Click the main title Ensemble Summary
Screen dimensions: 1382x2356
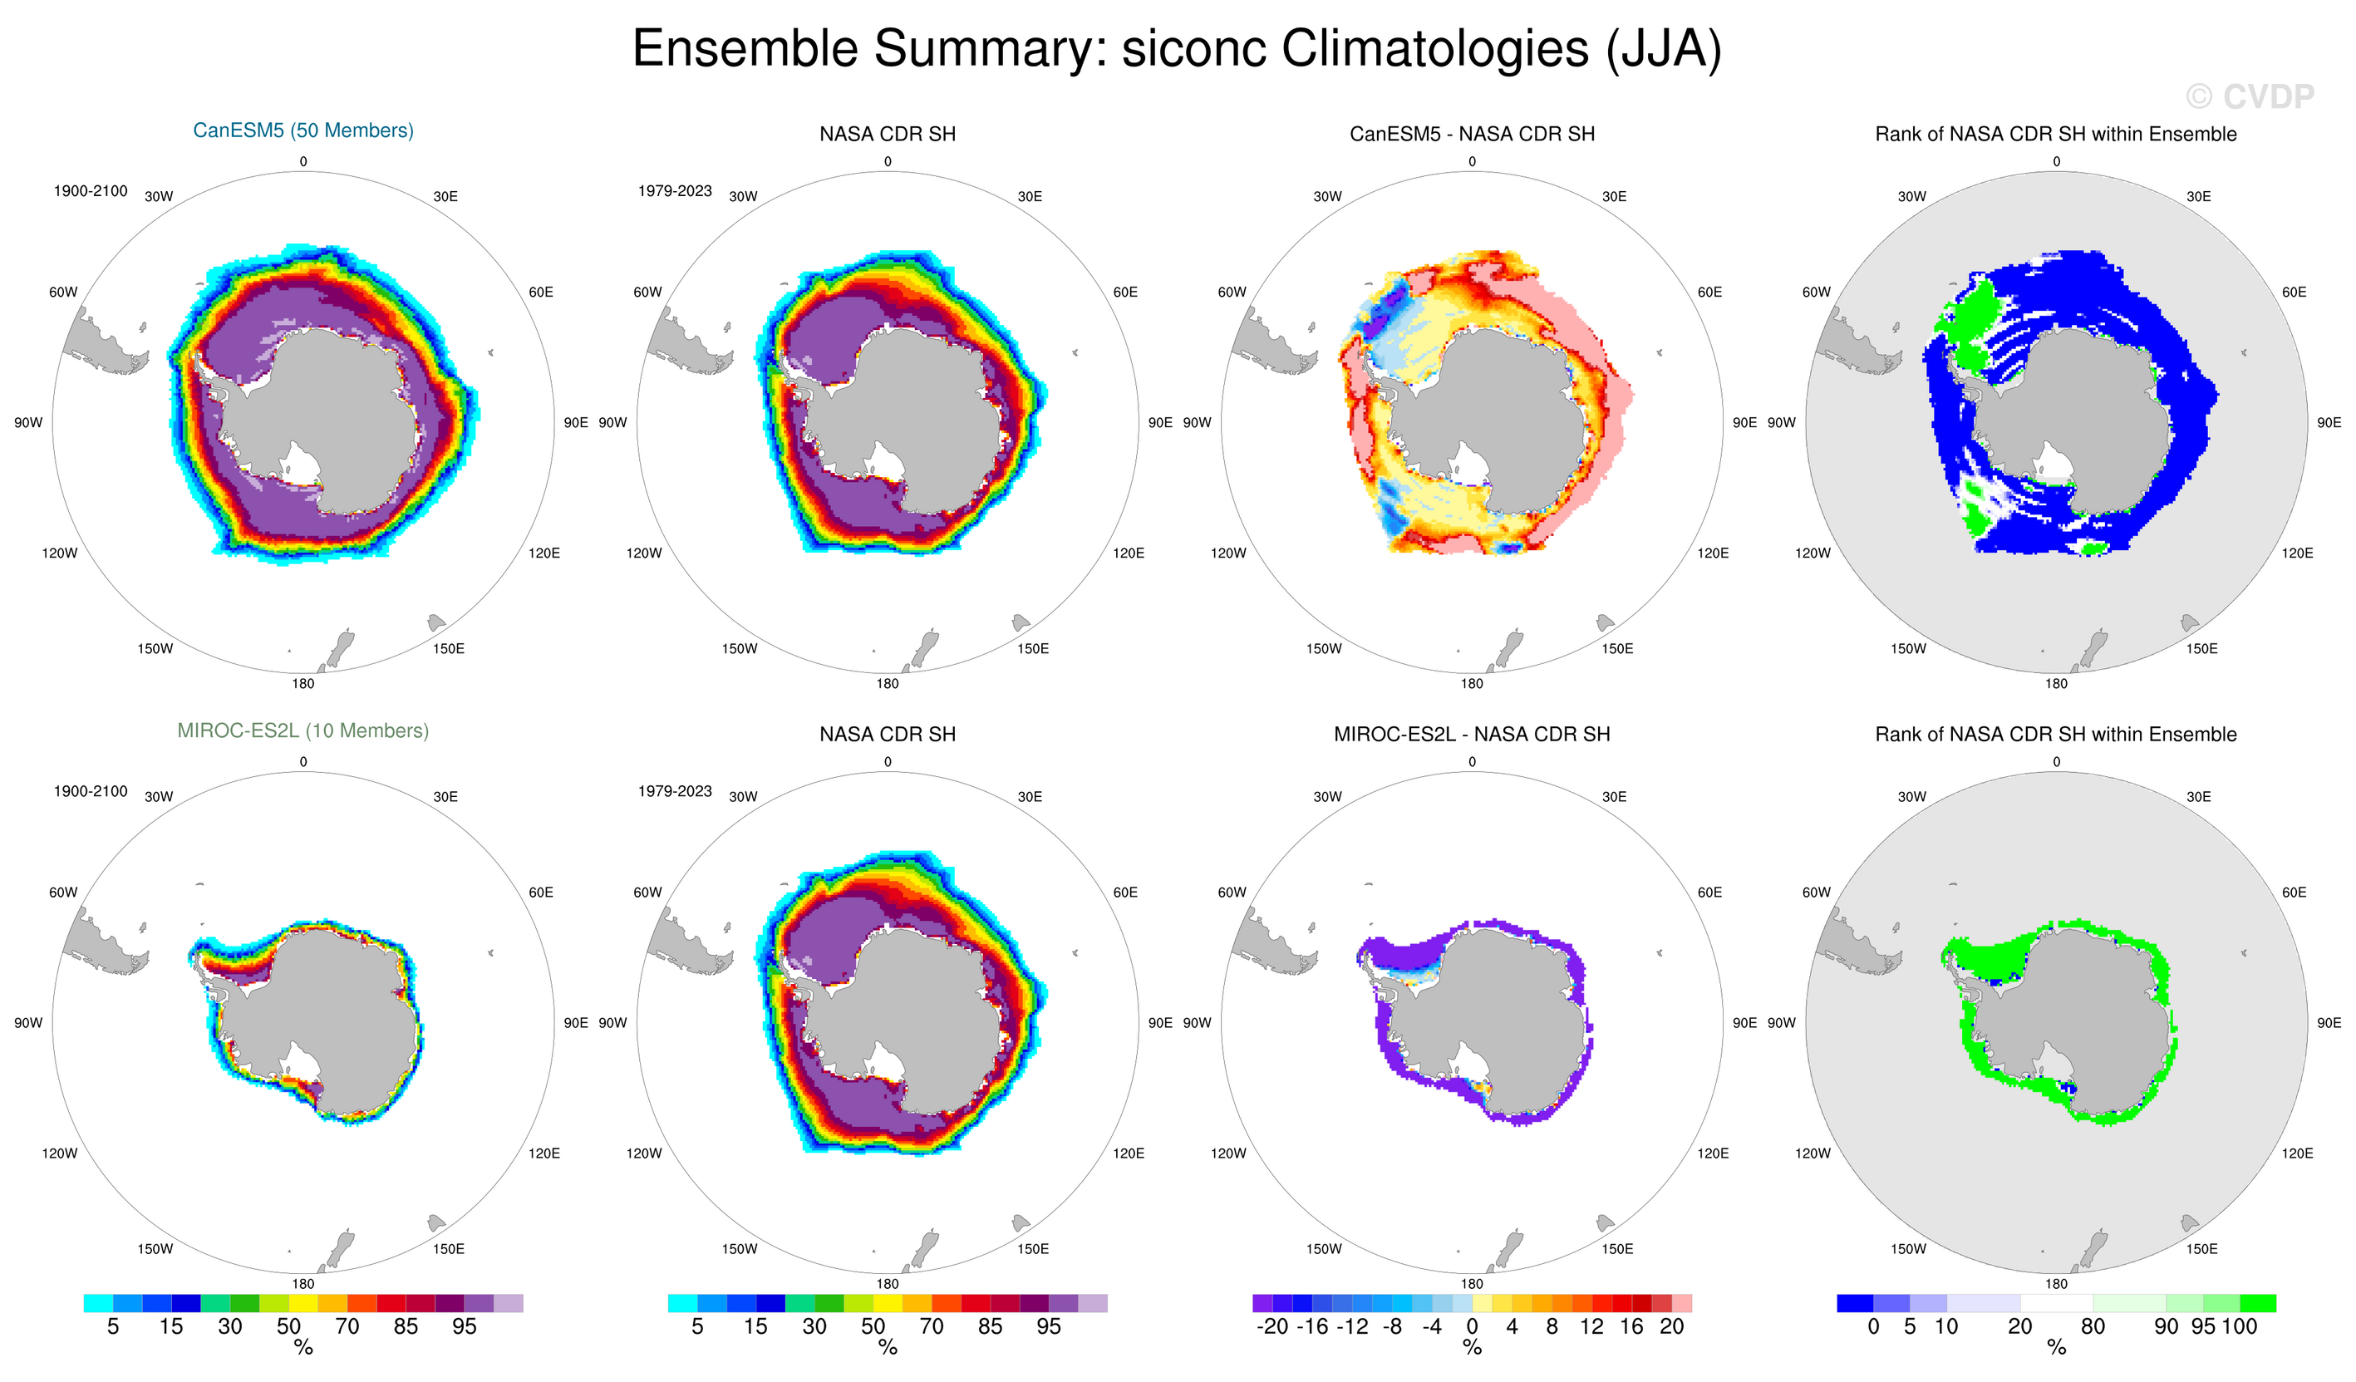[1176, 49]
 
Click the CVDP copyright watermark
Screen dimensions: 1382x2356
[2250, 96]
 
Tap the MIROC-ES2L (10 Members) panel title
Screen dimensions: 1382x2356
[302, 731]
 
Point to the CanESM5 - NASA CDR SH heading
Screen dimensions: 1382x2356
[1472, 135]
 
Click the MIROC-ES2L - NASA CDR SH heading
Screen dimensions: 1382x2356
[1472, 735]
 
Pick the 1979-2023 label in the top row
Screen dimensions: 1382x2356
[674, 192]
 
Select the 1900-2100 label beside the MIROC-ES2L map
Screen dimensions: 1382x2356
[90, 792]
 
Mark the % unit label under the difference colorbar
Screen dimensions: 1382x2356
[1472, 1348]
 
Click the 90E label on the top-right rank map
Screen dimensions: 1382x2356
[2329, 423]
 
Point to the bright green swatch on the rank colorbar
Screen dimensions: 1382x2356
[2258, 1303]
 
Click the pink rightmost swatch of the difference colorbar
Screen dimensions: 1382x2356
[1682, 1303]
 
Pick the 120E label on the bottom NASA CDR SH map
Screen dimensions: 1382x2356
[1129, 1153]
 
